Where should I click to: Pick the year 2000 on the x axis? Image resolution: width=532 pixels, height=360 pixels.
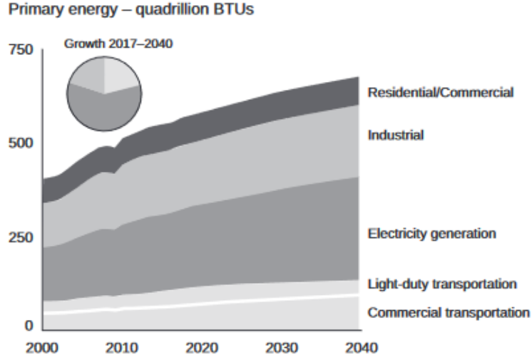(x=42, y=349)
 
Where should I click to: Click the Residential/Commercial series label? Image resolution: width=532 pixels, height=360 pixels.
(x=440, y=93)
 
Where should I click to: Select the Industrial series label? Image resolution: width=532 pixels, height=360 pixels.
(x=396, y=135)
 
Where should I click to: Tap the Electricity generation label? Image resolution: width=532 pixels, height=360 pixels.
(x=431, y=233)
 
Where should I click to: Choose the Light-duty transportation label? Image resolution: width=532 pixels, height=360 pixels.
(x=441, y=284)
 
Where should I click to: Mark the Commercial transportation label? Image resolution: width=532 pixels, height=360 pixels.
(x=449, y=312)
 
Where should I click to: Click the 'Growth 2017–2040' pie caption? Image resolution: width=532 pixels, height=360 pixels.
(x=118, y=43)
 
